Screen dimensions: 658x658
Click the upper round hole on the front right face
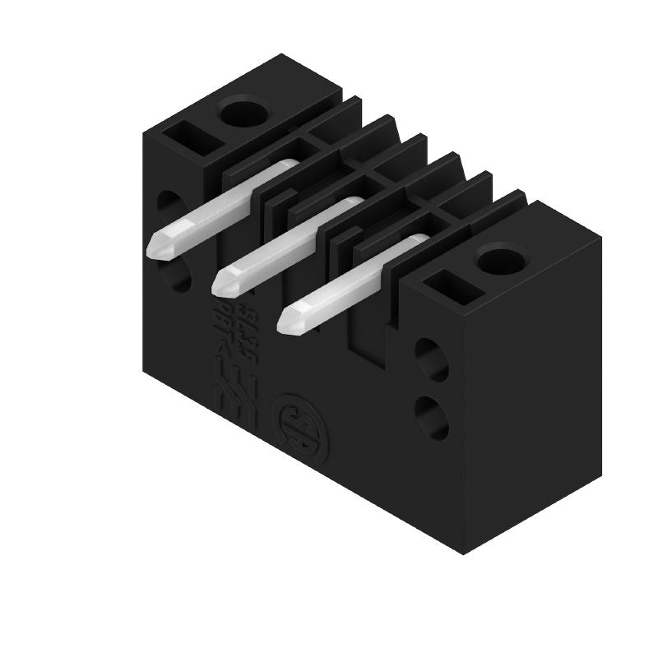click(x=431, y=359)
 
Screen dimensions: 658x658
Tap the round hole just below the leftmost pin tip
click(x=178, y=275)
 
